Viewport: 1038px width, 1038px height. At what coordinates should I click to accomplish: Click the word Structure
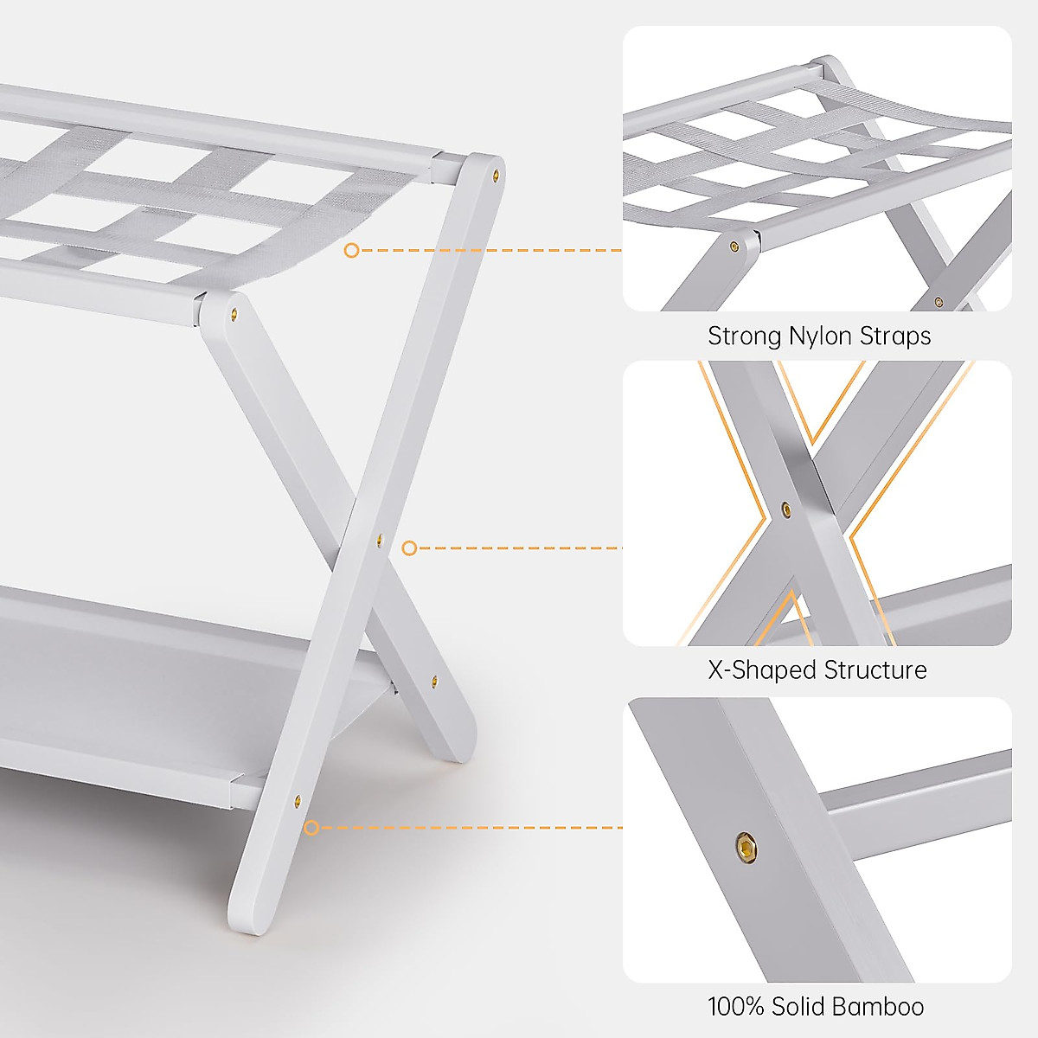click(x=875, y=670)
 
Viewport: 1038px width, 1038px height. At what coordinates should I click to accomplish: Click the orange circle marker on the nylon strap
click(x=351, y=251)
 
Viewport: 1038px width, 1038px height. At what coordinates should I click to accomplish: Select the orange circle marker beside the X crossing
click(x=410, y=548)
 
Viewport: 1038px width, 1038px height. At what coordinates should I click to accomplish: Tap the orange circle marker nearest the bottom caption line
click(x=311, y=828)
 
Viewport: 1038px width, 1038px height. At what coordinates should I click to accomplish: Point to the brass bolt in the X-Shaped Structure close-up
click(x=785, y=509)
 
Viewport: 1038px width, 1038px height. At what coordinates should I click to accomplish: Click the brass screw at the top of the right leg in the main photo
click(x=496, y=174)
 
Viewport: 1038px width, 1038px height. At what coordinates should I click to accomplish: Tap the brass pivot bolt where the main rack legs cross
click(x=380, y=540)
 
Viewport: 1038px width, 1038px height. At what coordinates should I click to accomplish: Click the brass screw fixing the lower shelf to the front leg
click(x=298, y=800)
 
